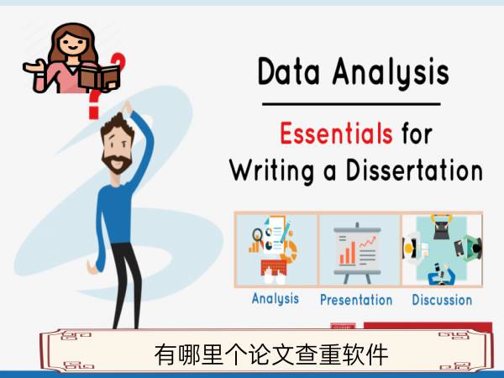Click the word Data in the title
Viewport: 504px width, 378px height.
pos(289,71)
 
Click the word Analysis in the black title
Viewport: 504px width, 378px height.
pos(391,73)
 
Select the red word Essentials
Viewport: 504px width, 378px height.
pos(336,133)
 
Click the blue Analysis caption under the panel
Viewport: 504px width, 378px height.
pos(276,299)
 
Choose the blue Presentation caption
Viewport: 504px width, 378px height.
pos(356,300)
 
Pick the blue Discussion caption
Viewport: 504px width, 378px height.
pos(442,300)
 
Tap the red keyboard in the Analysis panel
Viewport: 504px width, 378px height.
pos(274,267)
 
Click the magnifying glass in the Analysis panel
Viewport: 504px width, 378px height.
pos(258,235)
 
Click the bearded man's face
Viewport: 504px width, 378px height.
pos(117,148)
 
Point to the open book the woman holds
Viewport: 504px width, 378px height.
pos(99,76)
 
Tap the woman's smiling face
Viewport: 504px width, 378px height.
pos(73,43)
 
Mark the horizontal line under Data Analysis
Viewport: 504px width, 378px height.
pos(351,104)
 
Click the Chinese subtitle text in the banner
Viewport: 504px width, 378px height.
pos(271,354)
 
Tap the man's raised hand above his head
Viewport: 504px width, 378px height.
pos(127,108)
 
